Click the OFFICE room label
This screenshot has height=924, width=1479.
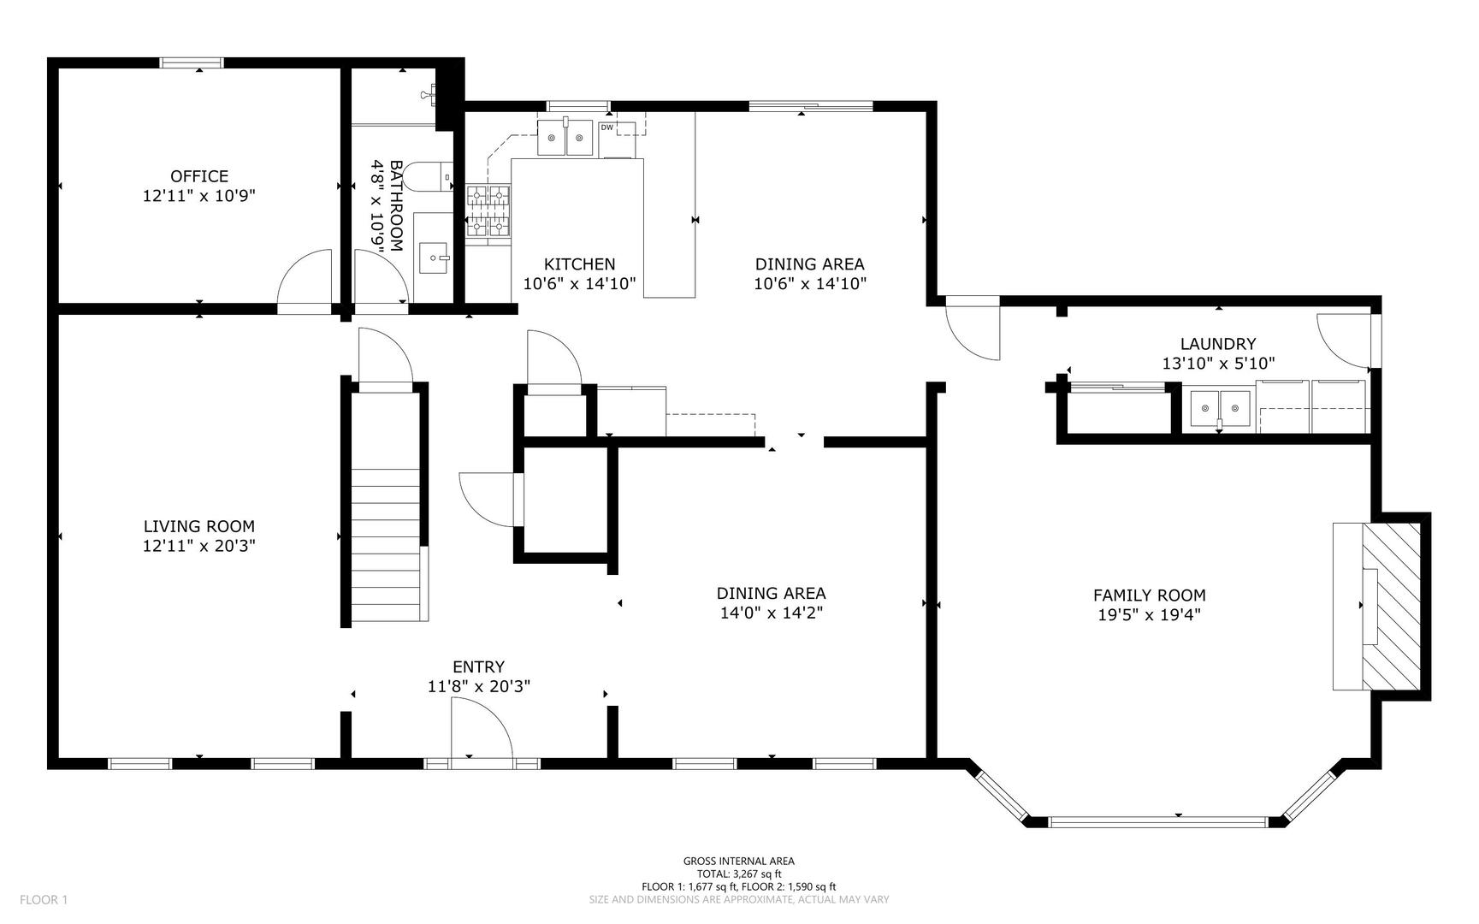point(199,176)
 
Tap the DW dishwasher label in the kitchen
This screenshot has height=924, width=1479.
point(607,127)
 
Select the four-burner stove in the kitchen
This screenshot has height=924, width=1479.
point(488,211)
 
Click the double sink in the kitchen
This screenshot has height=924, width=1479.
point(565,138)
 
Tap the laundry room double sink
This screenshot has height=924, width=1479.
point(1221,409)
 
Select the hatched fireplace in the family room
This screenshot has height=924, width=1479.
point(1391,606)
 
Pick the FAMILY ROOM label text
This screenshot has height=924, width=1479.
point(1150,595)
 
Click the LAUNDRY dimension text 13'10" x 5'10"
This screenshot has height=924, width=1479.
point(1218,363)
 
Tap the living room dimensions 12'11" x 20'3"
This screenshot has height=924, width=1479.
point(199,545)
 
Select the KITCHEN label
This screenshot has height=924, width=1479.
point(580,264)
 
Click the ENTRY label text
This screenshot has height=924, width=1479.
point(479,666)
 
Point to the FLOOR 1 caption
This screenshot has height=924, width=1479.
point(44,899)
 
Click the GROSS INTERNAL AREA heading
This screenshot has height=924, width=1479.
point(739,862)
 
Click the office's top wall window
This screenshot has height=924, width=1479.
point(192,62)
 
